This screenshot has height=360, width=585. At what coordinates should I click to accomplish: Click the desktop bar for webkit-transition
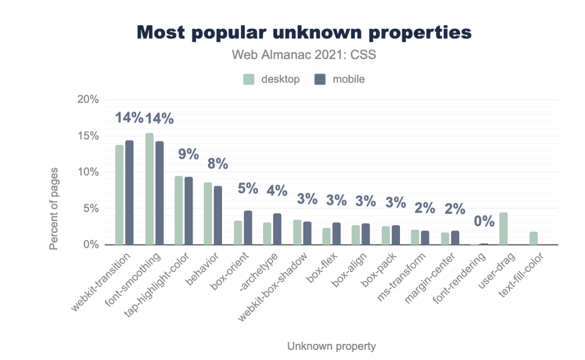pos(119,195)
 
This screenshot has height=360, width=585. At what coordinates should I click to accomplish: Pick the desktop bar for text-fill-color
pos(533,238)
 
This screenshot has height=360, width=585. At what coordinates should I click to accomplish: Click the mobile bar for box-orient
pos(248,228)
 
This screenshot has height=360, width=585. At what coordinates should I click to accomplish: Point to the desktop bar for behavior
pos(208,213)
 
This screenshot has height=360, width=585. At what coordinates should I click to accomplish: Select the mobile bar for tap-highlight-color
pos(189,211)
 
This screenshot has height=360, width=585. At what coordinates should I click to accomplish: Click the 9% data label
pos(188,154)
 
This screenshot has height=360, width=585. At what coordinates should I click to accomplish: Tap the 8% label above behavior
pos(218,164)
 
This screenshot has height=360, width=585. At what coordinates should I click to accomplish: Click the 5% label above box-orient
pos(248,188)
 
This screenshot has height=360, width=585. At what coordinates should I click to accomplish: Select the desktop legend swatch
pos(248,79)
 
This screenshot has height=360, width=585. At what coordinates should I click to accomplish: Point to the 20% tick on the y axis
pos(88,99)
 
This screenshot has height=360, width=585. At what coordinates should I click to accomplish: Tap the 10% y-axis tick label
pos(88,172)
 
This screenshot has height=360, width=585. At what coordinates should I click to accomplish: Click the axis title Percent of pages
pos(54,208)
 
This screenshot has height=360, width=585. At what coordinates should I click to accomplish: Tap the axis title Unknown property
pos(332,346)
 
